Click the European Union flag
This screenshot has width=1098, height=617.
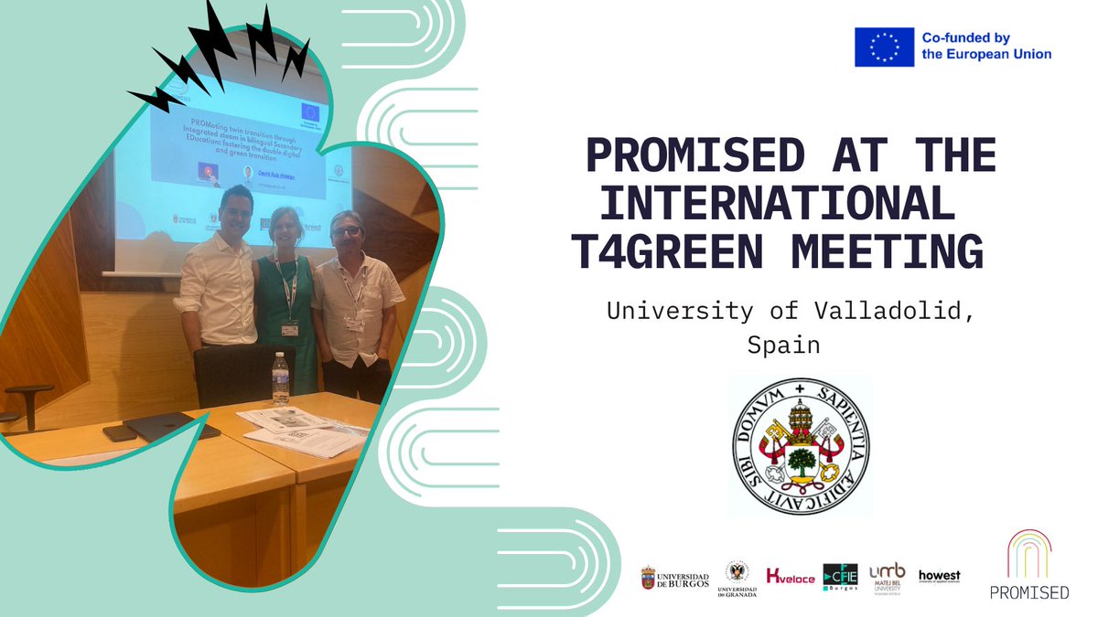[x=884, y=47]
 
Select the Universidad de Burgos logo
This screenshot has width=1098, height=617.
[x=674, y=578]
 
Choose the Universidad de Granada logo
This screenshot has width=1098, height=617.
[x=737, y=578]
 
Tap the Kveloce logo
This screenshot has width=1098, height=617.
[x=790, y=578]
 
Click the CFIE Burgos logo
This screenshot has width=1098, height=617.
[x=839, y=578]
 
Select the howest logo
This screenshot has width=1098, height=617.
[x=939, y=576]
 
